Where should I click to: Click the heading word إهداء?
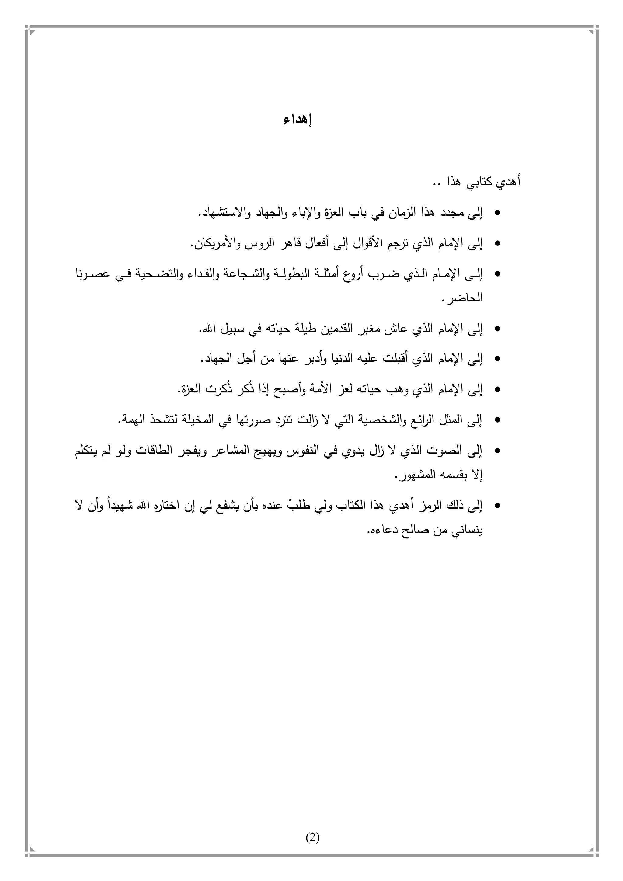pyautogui.click(x=298, y=120)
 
